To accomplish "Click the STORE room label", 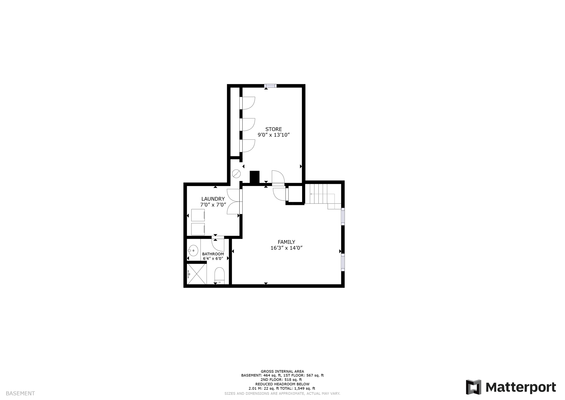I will (273, 129).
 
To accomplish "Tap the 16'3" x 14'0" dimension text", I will (286, 248).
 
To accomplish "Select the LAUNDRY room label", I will (213, 199).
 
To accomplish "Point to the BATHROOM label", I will (213, 254).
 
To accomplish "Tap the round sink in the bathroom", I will (193, 251).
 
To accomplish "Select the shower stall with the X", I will (197, 274).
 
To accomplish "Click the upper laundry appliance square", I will (198, 215).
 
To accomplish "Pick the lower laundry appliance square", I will (198, 229).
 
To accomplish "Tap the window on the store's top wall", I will (270, 86).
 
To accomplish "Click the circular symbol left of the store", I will (236, 174).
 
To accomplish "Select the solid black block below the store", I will (254, 177).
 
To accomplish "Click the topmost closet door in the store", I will (248, 103).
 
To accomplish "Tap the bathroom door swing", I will (218, 244).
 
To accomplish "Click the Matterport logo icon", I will (473, 387).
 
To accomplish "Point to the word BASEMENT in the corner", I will (20, 393).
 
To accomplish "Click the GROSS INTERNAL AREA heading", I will (282, 372).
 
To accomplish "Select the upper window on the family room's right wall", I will (343, 216).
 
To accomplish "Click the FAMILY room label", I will (286, 242).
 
